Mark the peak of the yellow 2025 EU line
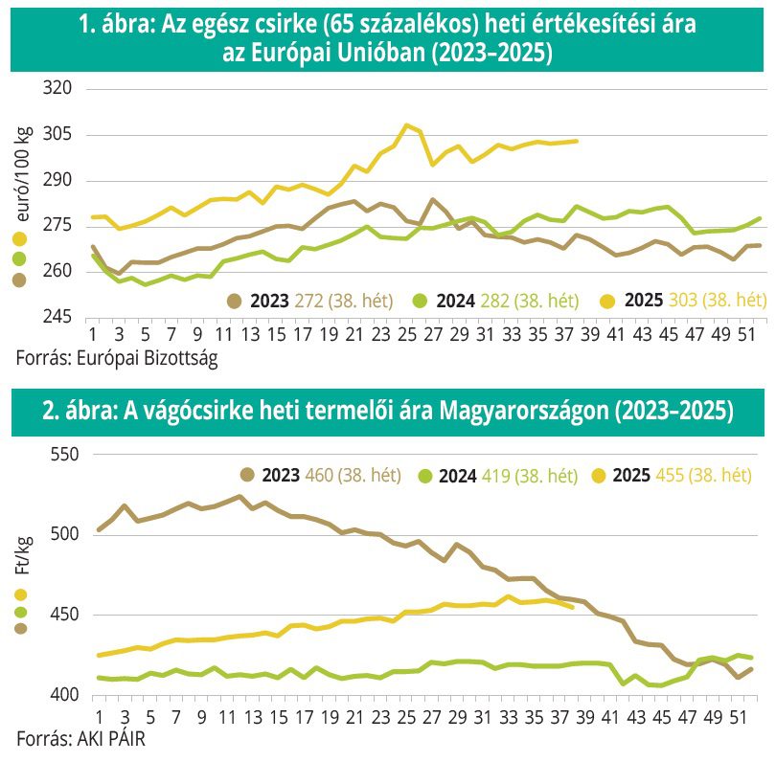(407, 125)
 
